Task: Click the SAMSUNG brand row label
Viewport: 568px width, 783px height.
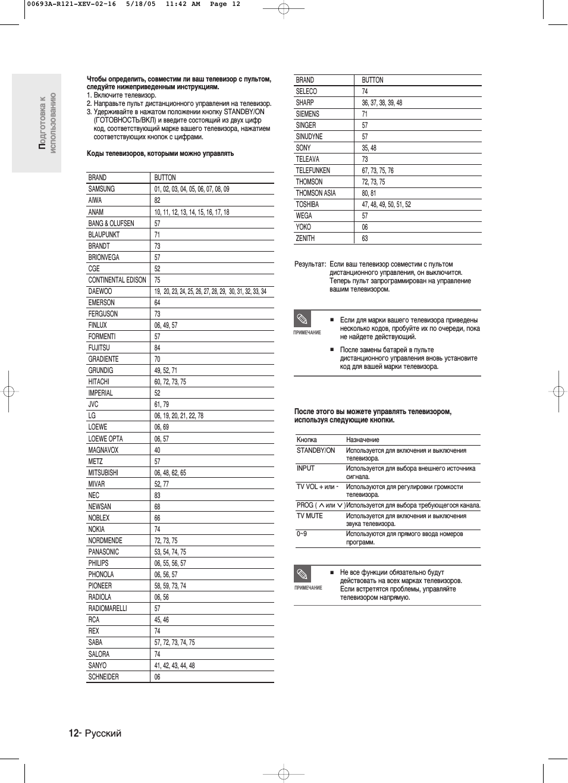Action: pyautogui.click(x=102, y=189)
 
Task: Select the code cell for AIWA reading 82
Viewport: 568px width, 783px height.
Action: pyautogui.click(x=157, y=201)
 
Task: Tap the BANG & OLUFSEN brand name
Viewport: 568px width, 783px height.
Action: pyautogui.click(x=111, y=223)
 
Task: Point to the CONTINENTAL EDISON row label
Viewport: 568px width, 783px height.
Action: pyautogui.click(x=117, y=280)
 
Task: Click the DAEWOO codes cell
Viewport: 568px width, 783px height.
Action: pyautogui.click(x=210, y=292)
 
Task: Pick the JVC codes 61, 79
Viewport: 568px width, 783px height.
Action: pyautogui.click(x=161, y=405)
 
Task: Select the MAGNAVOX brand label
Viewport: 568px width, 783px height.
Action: pyautogui.click(x=103, y=450)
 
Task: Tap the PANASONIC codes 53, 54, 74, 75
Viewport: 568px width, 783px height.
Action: pyautogui.click(x=170, y=552)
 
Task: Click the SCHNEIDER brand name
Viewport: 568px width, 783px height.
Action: pyautogui.click(x=103, y=676)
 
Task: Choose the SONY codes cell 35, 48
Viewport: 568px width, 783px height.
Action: pyautogui.click(x=369, y=148)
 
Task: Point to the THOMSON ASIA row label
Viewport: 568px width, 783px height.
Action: pyautogui.click(x=316, y=193)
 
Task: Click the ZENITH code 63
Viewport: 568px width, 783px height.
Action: pyautogui.click(x=365, y=238)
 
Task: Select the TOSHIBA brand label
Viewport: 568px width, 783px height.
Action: pyautogui.click(x=307, y=204)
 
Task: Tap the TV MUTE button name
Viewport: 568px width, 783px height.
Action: pyautogui.click(x=310, y=516)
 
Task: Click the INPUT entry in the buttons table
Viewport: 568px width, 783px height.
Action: pyautogui.click(x=306, y=468)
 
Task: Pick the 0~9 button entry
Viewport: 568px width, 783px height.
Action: pyautogui.click(x=302, y=534)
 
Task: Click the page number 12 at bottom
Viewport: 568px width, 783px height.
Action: pyautogui.click(x=73, y=733)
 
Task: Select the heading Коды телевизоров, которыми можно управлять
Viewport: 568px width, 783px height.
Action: pyautogui.click(x=160, y=154)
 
